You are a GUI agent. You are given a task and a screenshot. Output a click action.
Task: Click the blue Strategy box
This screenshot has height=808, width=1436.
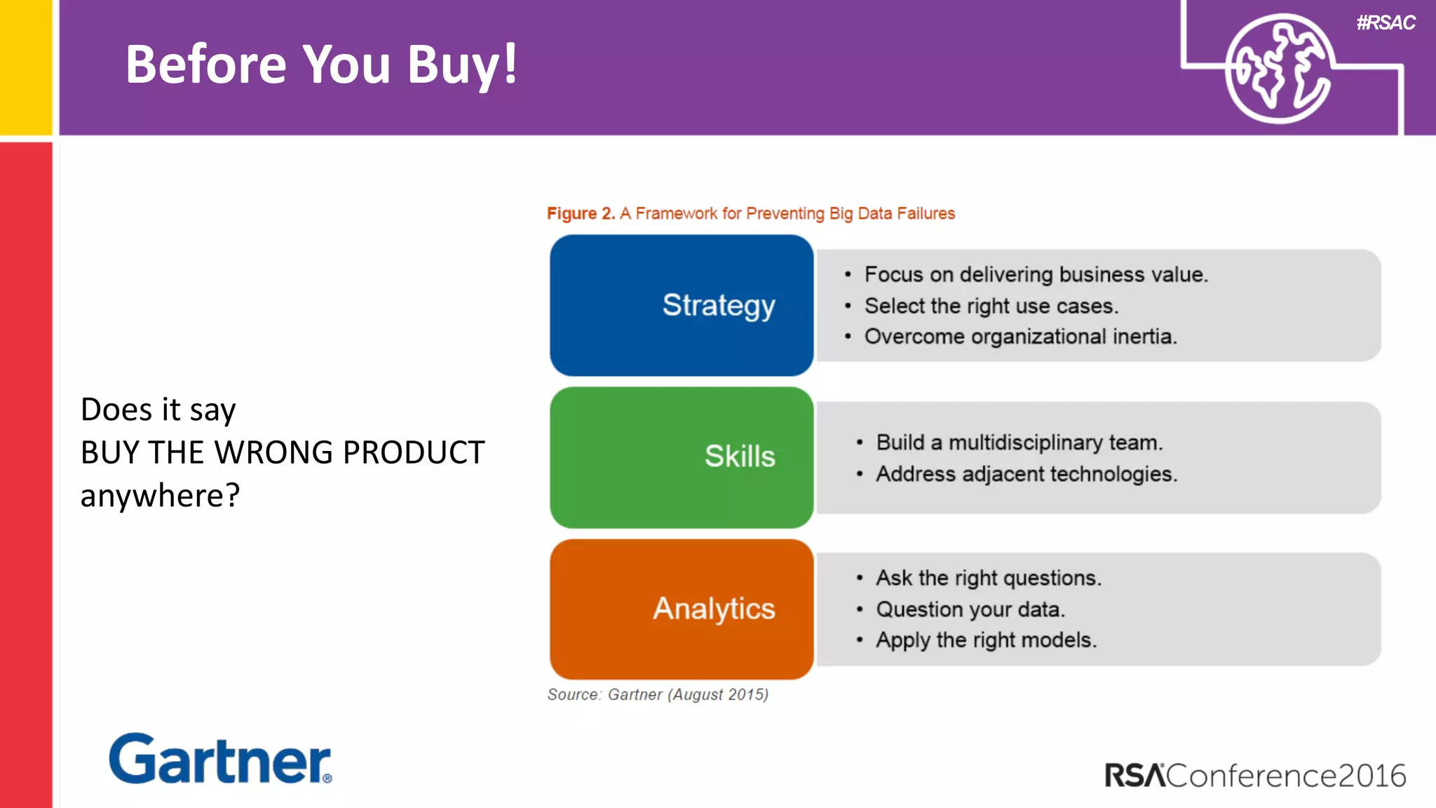pyautogui.click(x=682, y=305)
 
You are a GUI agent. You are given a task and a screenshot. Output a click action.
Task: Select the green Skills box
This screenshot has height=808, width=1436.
pyautogui.click(x=682, y=457)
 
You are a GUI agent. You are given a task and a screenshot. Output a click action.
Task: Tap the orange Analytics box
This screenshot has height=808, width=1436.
pyautogui.click(x=682, y=609)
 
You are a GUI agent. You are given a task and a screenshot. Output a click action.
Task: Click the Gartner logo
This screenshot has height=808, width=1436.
pyautogui.click(x=220, y=760)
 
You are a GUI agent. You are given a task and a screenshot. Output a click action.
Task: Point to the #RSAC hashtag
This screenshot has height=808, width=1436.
pyautogui.click(x=1386, y=23)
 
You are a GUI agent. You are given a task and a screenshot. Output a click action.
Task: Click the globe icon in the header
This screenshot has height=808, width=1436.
pyautogui.click(x=1279, y=69)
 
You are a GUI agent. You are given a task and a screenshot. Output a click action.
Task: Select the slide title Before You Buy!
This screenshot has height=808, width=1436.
pyautogui.click(x=321, y=65)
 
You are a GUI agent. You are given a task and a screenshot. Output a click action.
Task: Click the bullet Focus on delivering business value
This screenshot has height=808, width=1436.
pyautogui.click(x=1036, y=274)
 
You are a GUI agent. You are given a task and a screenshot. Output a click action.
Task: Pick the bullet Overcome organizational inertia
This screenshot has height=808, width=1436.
pyautogui.click(x=1020, y=337)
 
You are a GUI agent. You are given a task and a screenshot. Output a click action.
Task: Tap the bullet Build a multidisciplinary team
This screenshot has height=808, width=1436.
pyautogui.click(x=1019, y=443)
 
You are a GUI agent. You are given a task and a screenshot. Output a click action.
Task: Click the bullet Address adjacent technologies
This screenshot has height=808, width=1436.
pyautogui.click(x=1026, y=474)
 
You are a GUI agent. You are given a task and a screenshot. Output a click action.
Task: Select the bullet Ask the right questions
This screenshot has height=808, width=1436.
pyautogui.click(x=988, y=578)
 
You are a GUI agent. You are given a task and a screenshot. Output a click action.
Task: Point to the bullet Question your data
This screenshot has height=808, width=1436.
pyautogui.click(x=970, y=610)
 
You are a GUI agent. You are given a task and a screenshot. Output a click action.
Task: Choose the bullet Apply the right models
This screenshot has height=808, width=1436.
pyautogui.click(x=986, y=640)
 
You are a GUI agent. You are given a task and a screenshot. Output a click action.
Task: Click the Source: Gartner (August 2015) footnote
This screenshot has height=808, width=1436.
pyautogui.click(x=658, y=694)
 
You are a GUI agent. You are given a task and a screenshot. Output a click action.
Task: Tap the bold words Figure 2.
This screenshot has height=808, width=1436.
pyautogui.click(x=581, y=213)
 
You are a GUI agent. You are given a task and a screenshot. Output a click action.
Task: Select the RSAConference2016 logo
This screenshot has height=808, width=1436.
pyautogui.click(x=1255, y=776)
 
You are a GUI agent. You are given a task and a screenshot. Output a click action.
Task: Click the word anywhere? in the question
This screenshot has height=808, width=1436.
pyautogui.click(x=160, y=495)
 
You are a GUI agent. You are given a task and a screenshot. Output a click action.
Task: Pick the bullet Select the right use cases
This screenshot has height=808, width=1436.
pyautogui.click(x=991, y=306)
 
